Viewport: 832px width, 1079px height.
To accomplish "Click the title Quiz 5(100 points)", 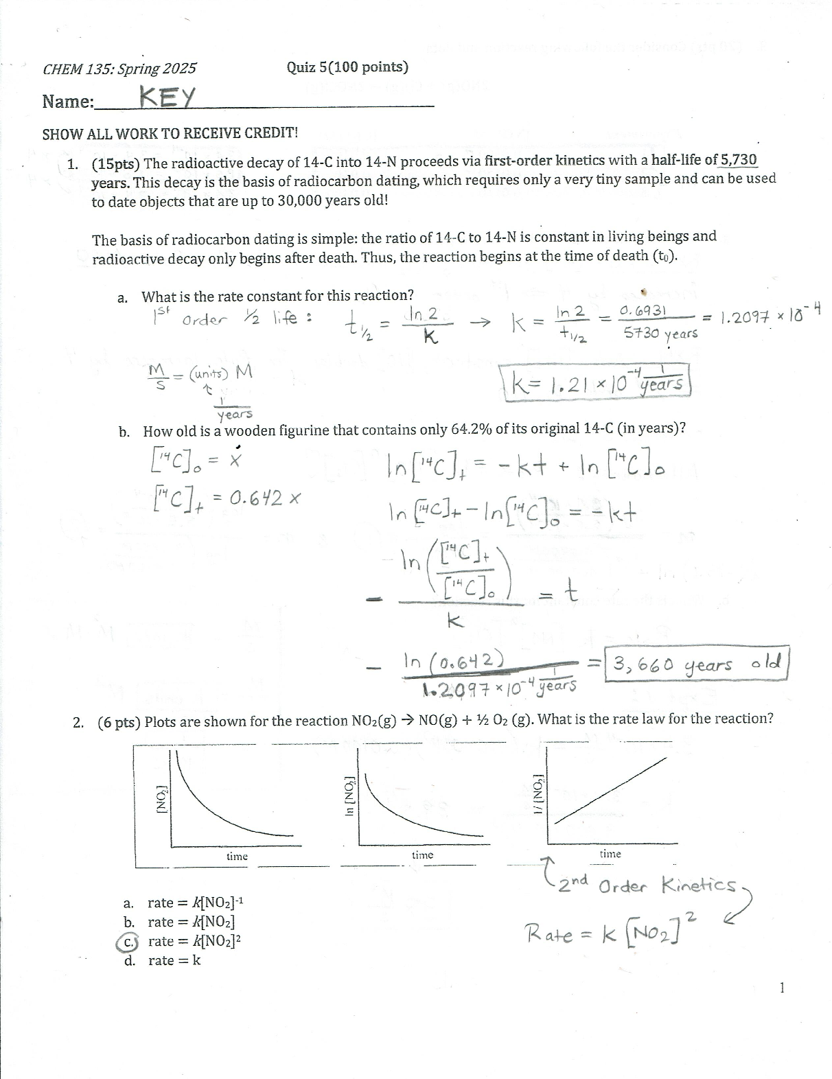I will coord(347,67).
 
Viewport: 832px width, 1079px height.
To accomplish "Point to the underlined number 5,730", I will coord(738,161).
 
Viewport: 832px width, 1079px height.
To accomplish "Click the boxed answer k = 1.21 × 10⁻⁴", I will coord(598,382).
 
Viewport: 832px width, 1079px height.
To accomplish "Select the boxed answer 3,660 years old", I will coord(696,664).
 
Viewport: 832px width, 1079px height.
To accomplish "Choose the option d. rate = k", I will coord(163,961).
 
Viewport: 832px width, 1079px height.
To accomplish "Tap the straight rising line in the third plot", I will coord(610,789).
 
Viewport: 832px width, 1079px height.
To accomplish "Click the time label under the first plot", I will coord(237,857).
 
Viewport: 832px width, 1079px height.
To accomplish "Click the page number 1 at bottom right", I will coord(783,988).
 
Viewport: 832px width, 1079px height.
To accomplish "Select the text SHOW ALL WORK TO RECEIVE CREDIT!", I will coord(170,133).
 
